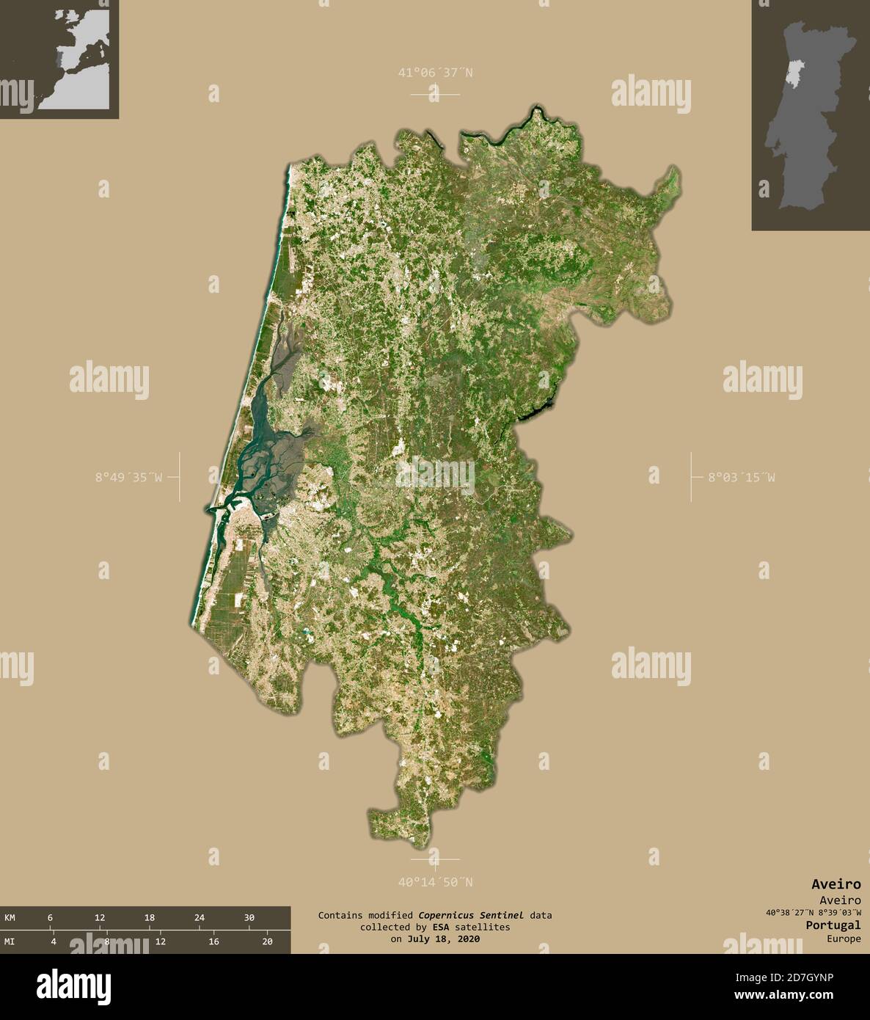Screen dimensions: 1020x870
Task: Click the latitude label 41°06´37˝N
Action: click(x=435, y=73)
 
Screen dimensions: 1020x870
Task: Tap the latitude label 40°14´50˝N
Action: click(x=435, y=882)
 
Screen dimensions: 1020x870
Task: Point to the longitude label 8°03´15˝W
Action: click(x=741, y=477)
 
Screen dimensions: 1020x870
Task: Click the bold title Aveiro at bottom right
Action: click(x=836, y=884)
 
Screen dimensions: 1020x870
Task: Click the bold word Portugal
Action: click(x=833, y=925)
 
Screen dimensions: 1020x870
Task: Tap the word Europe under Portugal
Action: click(x=844, y=939)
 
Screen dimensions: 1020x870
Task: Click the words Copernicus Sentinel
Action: click(x=471, y=915)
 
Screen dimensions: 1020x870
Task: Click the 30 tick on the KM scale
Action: click(x=249, y=917)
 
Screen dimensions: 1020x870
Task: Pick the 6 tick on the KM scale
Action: click(x=50, y=917)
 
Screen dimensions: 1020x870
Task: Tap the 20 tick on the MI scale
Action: click(x=267, y=941)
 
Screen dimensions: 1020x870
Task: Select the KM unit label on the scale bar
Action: click(x=10, y=917)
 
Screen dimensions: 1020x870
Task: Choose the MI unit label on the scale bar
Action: click(x=10, y=941)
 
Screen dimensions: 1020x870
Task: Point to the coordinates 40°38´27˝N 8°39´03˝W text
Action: click(x=813, y=913)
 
